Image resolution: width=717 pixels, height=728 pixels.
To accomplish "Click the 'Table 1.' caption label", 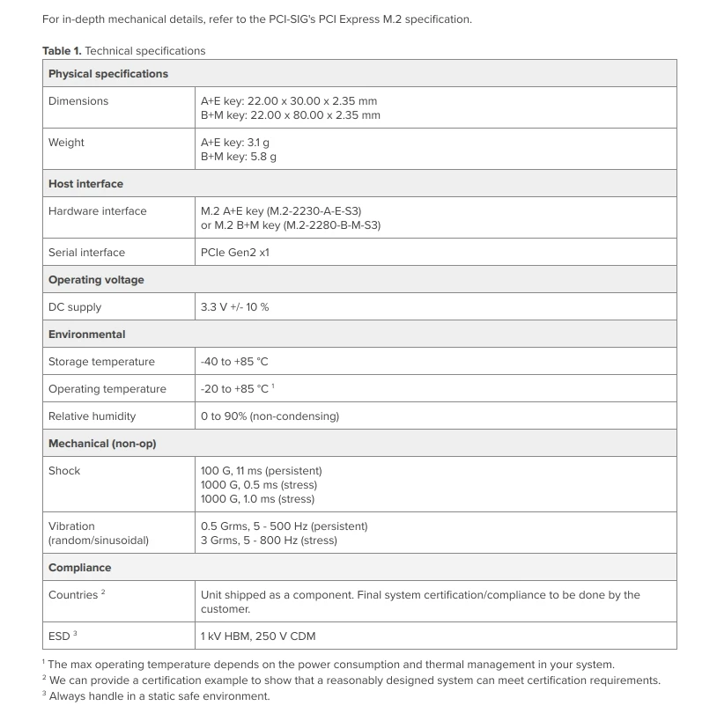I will pos(62,51).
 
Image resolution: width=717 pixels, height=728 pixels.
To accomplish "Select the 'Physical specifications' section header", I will pos(107,74).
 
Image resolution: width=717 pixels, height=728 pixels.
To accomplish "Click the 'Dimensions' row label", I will pos(78,101).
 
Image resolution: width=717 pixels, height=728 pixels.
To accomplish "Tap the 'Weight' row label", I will pos(66,143).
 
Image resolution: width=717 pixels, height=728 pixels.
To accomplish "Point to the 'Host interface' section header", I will pos(85,184).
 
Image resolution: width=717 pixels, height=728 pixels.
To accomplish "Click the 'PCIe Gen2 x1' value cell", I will pos(234,253).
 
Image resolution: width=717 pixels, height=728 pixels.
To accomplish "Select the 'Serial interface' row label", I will pos(86,253).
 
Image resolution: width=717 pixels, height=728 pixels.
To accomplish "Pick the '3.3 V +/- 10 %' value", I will pos(234,307).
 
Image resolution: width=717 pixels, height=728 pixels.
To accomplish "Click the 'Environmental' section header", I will pos(86,335).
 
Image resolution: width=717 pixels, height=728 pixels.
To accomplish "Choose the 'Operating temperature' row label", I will pos(107,389).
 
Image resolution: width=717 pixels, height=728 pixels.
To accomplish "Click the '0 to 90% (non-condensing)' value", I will pos(270,416).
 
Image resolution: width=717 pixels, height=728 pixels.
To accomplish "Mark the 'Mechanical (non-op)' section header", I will pos(101,444).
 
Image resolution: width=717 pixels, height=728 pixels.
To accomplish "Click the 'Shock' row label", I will pos(64,471).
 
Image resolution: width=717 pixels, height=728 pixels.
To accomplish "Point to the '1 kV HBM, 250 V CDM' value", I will pos(258,636).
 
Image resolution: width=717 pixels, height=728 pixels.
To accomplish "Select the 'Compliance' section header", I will pos(79,568).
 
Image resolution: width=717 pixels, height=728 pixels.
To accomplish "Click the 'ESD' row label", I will pos(59,636).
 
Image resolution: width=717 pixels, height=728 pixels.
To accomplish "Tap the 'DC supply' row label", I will pos(75,307).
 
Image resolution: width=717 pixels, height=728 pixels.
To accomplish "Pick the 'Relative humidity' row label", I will pos(92,416).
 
